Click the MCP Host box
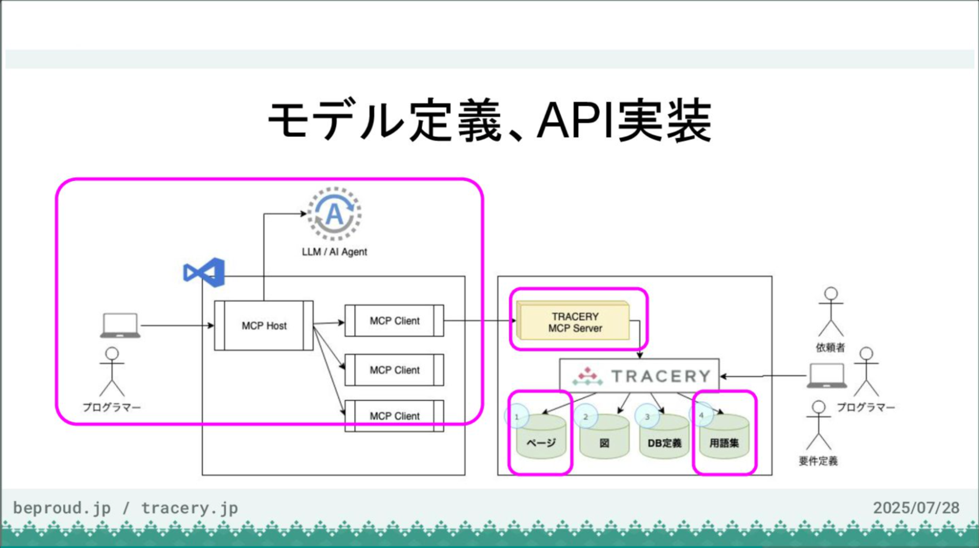(264, 326)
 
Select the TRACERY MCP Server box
(574, 321)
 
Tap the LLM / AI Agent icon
(334, 214)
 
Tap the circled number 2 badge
(585, 417)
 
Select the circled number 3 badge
(647, 417)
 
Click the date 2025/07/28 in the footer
(916, 508)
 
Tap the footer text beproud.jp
(62, 508)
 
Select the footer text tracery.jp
(190, 508)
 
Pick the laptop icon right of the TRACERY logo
(827, 376)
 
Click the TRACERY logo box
(639, 376)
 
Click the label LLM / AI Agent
(334, 252)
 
